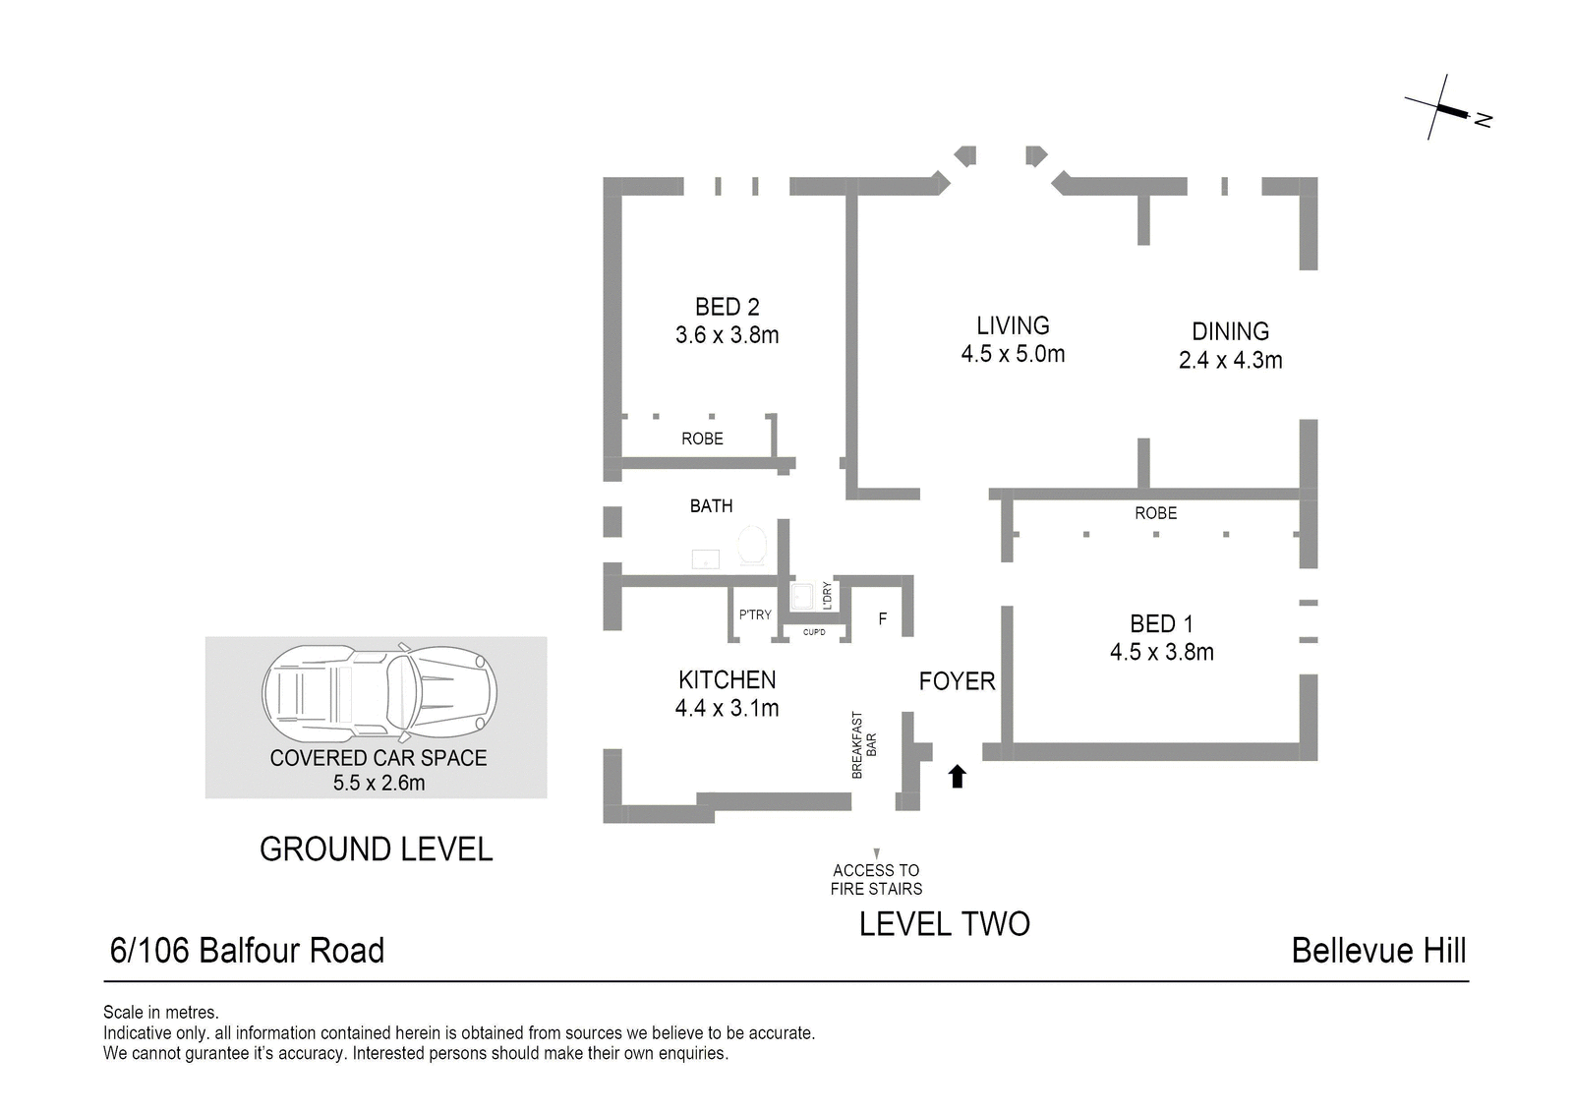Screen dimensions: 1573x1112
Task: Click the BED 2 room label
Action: click(727, 307)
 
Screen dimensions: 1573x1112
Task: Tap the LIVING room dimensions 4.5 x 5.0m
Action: click(1013, 354)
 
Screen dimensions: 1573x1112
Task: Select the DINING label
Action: click(1230, 331)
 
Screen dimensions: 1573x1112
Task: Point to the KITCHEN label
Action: click(727, 680)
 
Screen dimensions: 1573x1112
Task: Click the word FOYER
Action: click(958, 681)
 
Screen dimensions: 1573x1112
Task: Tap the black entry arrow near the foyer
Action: click(958, 776)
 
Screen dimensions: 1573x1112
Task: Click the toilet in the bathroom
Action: click(751, 545)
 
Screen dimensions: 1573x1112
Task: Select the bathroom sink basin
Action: click(706, 559)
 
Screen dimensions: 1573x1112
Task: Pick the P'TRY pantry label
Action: click(755, 615)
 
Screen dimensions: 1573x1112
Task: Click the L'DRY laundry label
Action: click(827, 595)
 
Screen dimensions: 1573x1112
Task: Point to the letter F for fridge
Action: click(883, 618)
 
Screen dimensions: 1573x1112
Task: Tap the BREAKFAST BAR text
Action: click(864, 745)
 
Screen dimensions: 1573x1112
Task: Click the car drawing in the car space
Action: click(379, 693)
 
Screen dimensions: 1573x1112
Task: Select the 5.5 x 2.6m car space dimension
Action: click(379, 783)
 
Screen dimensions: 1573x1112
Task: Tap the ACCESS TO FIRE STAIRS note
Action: click(876, 880)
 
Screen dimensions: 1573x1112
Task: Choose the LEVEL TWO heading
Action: click(945, 924)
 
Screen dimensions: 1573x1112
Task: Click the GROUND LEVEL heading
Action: click(377, 849)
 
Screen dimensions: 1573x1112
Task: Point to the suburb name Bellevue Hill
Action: click(1379, 951)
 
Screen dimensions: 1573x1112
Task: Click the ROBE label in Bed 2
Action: click(702, 439)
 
